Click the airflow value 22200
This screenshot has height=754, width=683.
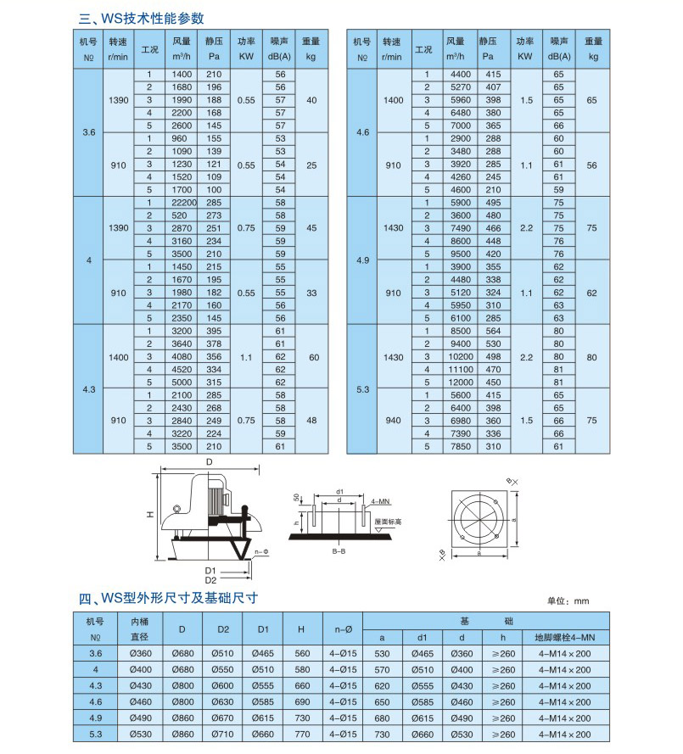184,203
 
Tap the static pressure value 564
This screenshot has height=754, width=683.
493,330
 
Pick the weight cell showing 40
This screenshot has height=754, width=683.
311,100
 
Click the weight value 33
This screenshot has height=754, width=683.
311,293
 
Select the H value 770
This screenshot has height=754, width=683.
303,733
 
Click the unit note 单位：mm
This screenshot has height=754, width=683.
568,600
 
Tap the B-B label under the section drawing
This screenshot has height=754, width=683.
338,551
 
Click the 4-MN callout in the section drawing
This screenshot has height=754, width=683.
380,502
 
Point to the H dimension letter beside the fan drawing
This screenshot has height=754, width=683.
148,513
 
